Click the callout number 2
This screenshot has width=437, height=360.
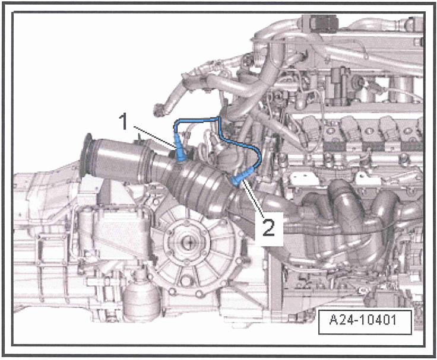267,227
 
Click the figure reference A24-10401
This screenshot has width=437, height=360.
362,323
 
